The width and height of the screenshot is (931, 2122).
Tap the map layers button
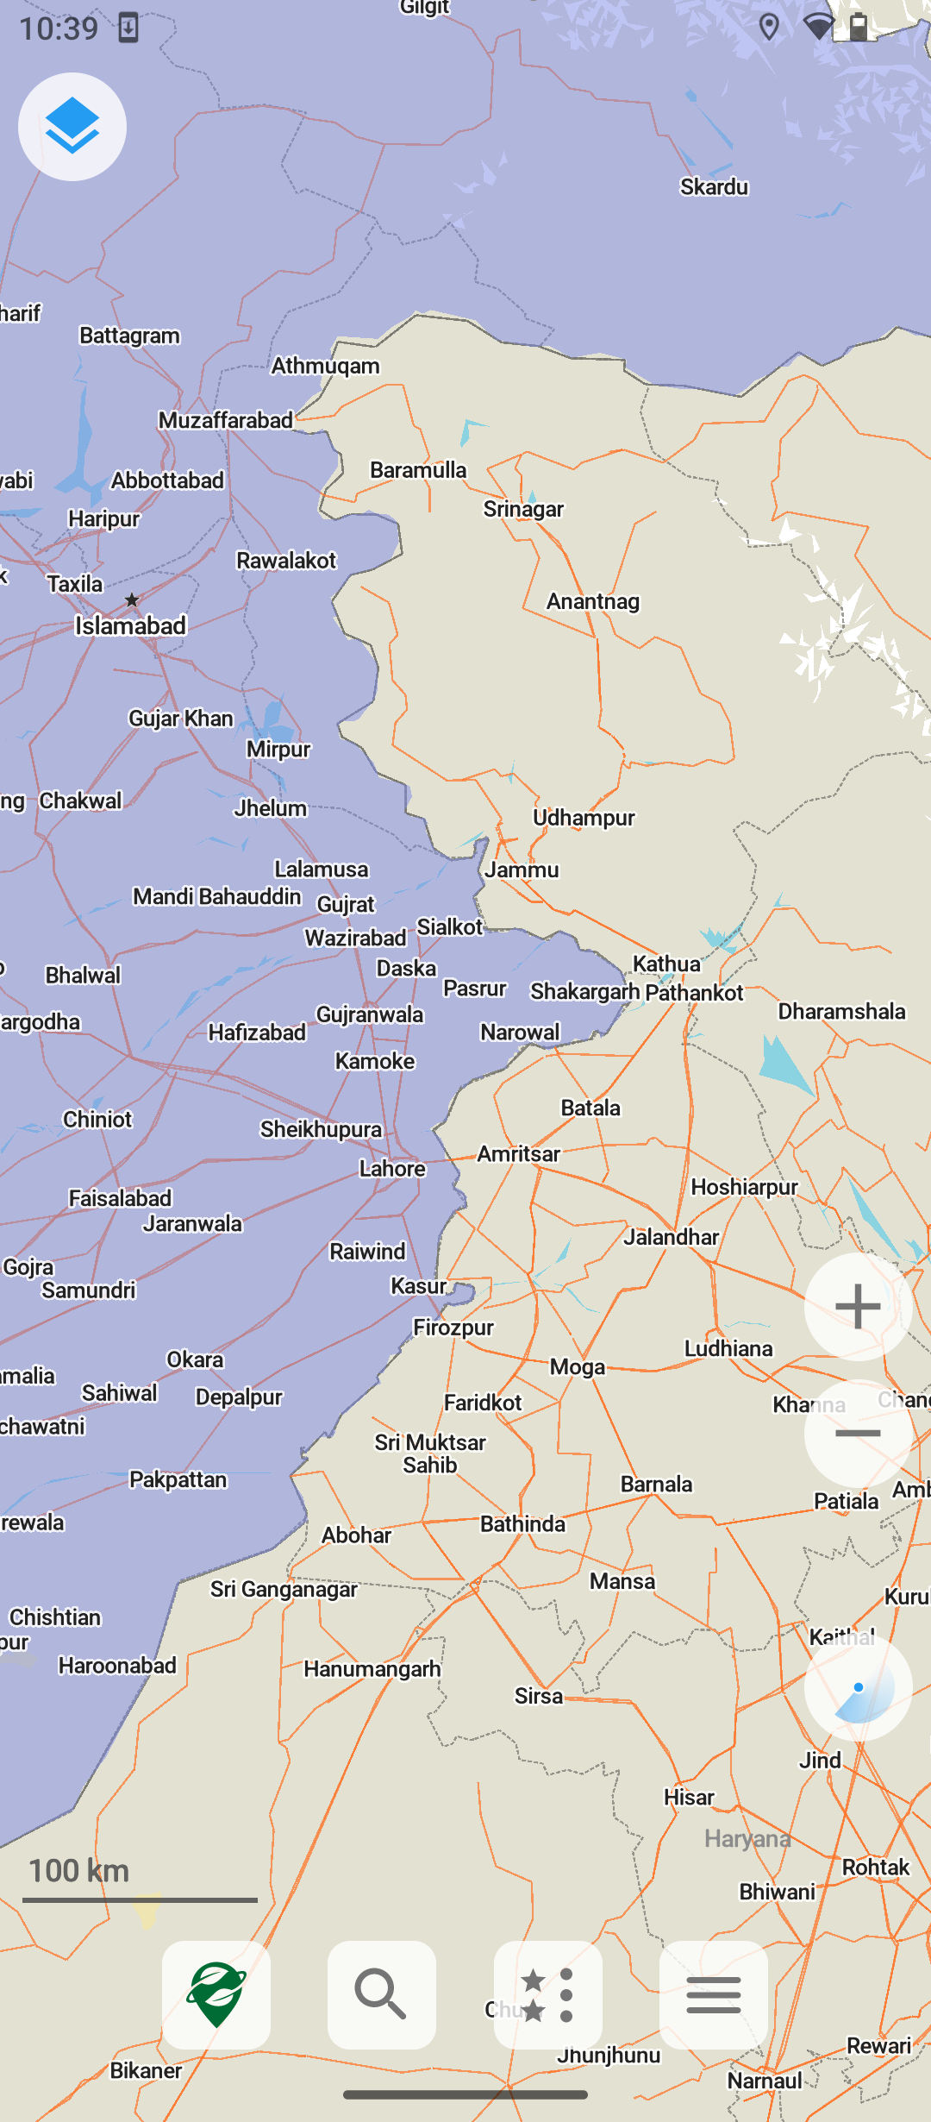72,127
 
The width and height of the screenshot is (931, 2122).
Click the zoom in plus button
858,1306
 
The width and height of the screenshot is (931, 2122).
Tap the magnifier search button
381,1994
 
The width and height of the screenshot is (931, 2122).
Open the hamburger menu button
713,1994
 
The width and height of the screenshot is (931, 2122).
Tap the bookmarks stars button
548,1994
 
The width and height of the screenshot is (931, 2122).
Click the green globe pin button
216,1994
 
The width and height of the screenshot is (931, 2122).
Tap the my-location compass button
858,1688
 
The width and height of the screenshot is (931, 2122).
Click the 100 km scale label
79,1870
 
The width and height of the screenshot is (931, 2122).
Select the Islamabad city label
130,625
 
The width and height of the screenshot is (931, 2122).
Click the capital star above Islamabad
132,600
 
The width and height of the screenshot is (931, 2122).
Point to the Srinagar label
523,509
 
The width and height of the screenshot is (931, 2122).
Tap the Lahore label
392,1169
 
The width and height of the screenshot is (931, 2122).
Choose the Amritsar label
519,1154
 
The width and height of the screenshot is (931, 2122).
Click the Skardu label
714,187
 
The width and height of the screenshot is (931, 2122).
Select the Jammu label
522,870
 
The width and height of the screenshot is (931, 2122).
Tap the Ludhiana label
728,1348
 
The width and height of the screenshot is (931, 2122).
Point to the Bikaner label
146,2070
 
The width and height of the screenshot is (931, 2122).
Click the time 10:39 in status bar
59,29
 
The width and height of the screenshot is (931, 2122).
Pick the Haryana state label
747,1838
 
